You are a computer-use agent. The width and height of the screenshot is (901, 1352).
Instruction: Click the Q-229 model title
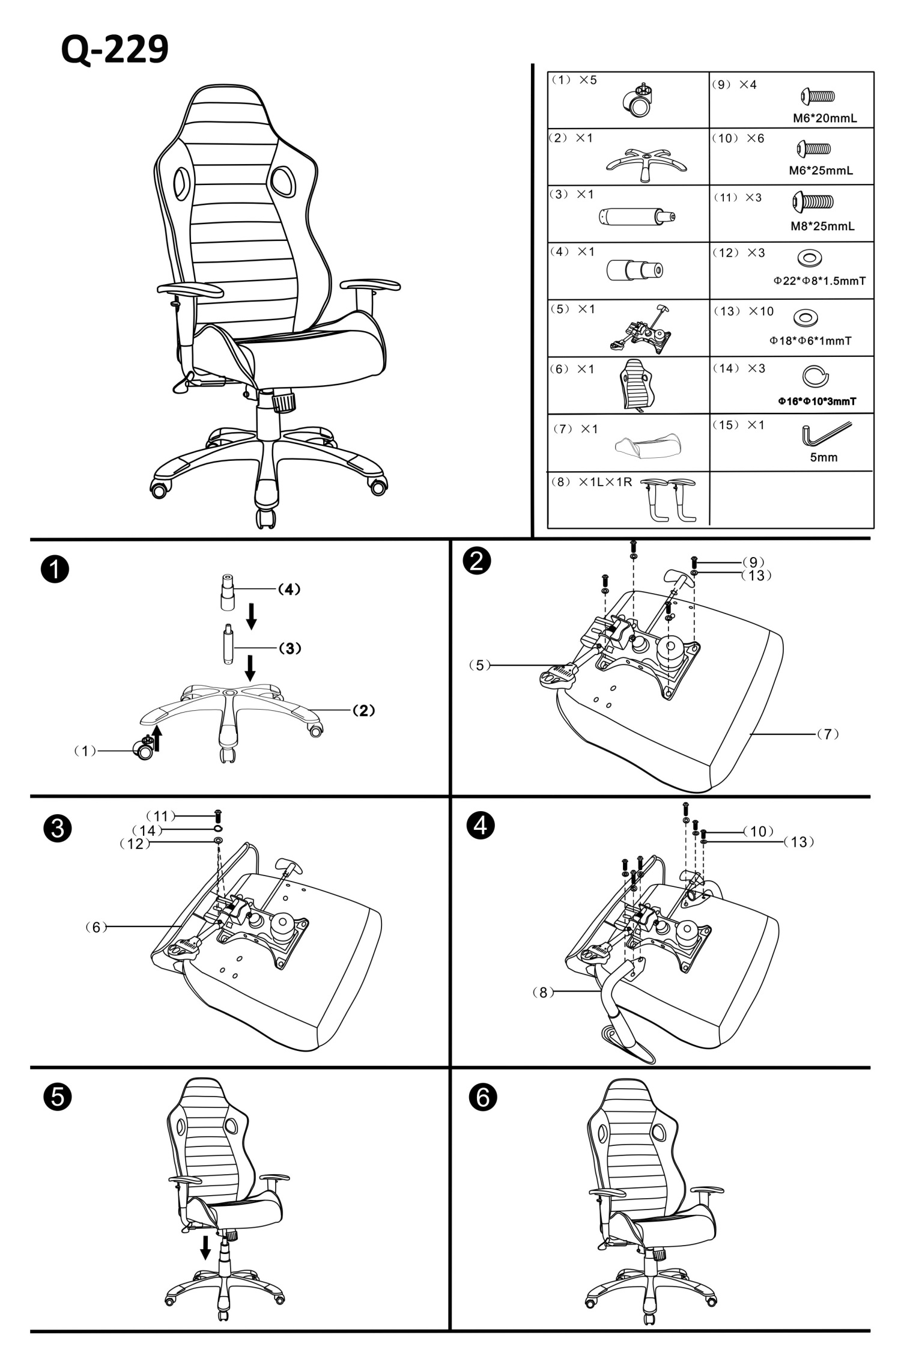(115, 50)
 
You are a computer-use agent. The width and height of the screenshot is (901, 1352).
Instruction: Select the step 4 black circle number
(481, 826)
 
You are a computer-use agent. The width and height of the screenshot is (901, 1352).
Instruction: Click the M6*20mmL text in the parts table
(825, 118)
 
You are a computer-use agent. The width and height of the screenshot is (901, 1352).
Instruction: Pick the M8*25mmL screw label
(822, 227)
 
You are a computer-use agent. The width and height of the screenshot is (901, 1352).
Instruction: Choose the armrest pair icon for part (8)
(668, 499)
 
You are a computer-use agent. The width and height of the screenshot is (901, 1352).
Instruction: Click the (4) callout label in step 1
(289, 589)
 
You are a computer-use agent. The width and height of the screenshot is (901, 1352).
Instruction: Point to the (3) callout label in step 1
(290, 648)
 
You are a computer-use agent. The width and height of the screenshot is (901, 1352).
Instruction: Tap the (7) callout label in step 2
(827, 734)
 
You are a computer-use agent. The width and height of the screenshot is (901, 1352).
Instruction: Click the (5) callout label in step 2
(479, 665)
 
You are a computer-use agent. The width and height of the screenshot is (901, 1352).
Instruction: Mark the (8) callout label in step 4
(544, 992)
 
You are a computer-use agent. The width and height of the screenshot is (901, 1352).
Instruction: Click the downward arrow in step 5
(205, 1247)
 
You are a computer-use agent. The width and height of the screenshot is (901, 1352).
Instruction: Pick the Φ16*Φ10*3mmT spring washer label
(817, 401)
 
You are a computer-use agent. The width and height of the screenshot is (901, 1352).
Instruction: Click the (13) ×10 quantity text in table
(744, 311)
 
